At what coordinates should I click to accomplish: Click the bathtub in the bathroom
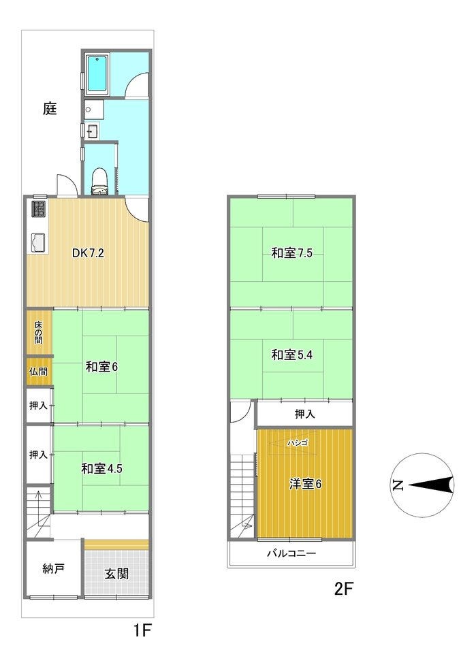click(x=98, y=74)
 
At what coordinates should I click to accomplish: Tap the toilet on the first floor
click(x=99, y=180)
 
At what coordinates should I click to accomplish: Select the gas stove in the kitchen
click(x=39, y=210)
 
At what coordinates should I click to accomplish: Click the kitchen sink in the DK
click(x=38, y=243)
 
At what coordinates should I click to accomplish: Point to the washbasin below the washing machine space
click(x=92, y=131)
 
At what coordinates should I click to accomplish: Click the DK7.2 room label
click(x=88, y=253)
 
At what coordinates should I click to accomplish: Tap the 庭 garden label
click(x=50, y=109)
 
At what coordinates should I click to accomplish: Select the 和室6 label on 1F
click(x=101, y=366)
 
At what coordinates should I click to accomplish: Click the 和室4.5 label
click(x=101, y=468)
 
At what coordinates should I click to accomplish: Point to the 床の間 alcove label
click(x=39, y=332)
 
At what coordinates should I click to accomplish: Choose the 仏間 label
click(x=38, y=372)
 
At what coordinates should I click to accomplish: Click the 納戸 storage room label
click(x=53, y=568)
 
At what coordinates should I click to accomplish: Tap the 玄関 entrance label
click(x=116, y=574)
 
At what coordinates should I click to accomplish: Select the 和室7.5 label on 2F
click(x=291, y=253)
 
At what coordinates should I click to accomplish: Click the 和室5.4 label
click(x=291, y=355)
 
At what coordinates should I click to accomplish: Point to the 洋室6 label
click(x=305, y=484)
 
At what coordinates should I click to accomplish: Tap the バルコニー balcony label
click(x=291, y=553)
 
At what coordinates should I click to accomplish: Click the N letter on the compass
click(x=398, y=485)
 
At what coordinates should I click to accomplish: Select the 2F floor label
click(x=344, y=589)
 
